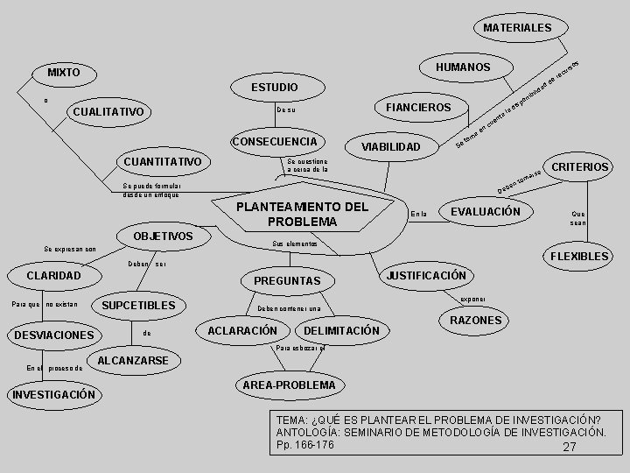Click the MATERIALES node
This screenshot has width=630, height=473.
(x=517, y=28)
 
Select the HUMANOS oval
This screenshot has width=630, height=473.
(x=462, y=67)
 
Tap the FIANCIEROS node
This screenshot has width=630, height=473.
(x=412, y=108)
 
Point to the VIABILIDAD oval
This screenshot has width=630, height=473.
(x=391, y=146)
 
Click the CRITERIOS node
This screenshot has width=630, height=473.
(x=577, y=166)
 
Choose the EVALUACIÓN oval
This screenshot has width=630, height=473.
(x=485, y=211)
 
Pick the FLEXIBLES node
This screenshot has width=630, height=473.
(x=577, y=257)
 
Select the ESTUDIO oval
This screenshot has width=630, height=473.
(x=274, y=88)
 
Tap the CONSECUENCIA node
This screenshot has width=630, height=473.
(x=275, y=142)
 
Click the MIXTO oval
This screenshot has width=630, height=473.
(x=64, y=72)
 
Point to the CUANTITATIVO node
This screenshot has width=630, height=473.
(x=163, y=162)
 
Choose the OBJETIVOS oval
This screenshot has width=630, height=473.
(x=164, y=236)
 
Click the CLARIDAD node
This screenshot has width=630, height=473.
(x=54, y=276)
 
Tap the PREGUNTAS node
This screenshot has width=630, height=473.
(x=287, y=281)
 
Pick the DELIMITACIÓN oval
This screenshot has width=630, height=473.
(x=341, y=330)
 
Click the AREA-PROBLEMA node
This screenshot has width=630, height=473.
(x=288, y=385)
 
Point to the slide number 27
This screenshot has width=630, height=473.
(x=570, y=448)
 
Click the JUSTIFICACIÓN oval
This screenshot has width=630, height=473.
(x=426, y=275)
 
